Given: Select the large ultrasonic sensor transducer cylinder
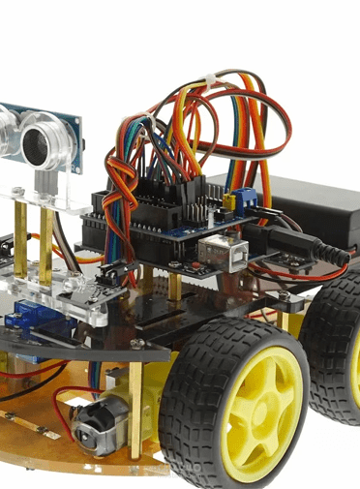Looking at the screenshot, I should [x=45, y=140].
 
